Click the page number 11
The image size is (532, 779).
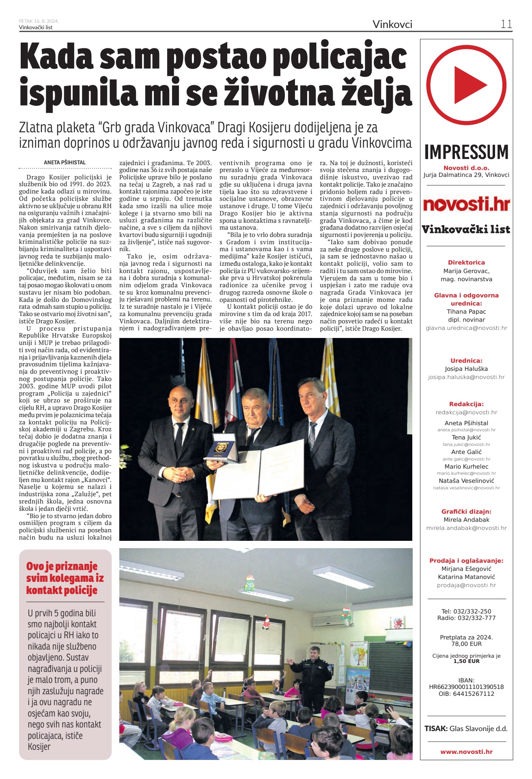point(506,24)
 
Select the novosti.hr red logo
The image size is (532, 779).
point(466,204)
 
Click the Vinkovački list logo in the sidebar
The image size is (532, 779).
point(466,229)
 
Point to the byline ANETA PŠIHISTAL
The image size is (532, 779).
point(65,162)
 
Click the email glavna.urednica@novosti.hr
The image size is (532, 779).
point(466,328)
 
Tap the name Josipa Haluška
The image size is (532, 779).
point(466,369)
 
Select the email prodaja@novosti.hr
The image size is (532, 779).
point(466,585)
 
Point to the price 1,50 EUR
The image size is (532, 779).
point(466,661)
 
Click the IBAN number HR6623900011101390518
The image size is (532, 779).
point(466,687)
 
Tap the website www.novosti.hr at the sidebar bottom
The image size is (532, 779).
point(466,752)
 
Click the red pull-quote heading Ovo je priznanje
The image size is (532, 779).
point(62,566)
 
